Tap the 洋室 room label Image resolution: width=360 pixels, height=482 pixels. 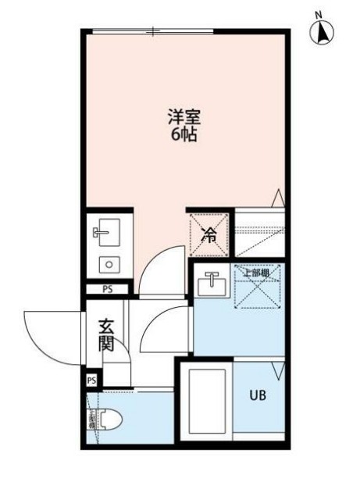tap(184, 119)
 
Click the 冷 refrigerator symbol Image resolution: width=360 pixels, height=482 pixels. tap(209, 233)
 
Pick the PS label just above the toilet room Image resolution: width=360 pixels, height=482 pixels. tap(92, 380)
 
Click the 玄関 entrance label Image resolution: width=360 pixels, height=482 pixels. tap(107, 334)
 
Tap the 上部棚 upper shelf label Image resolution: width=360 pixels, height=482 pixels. tap(255, 273)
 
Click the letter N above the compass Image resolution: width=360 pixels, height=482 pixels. tap(319, 14)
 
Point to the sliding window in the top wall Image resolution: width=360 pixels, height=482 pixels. tap(153, 31)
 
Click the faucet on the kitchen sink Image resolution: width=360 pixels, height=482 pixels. tap(99, 232)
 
